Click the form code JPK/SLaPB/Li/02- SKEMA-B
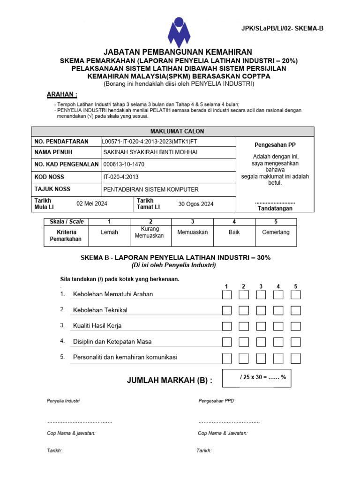pos(282,29)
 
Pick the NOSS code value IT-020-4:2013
pos(121,177)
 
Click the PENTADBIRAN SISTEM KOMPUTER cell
pos(150,189)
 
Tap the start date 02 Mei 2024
pos(92,204)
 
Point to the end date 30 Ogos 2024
pos(195,204)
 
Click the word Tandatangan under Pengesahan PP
pos(275,208)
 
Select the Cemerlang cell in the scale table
pos(276,232)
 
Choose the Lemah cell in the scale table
pos(109,232)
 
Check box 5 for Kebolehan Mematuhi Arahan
pos(295,295)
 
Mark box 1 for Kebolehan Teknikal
pos(226,310)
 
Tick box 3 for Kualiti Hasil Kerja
pos(261,326)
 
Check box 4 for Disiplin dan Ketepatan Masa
pos(278,342)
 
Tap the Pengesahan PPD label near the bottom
pos(216,401)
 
